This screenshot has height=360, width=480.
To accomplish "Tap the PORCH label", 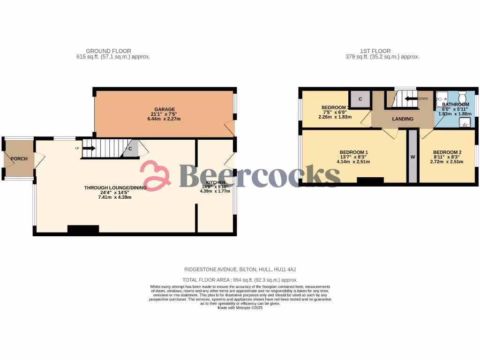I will tap(19, 159).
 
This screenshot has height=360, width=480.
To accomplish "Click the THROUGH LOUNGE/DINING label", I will tap(115, 188).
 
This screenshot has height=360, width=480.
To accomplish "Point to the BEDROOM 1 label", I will tap(353, 152).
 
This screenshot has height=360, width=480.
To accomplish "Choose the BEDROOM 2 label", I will tap(447, 152).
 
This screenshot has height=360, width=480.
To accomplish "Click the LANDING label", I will tap(403, 119).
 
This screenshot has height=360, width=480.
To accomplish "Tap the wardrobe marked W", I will tap(413, 157).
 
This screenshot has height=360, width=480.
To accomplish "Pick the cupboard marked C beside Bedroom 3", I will tap(360, 99).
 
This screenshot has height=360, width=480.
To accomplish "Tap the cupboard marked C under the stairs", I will tap(130, 150).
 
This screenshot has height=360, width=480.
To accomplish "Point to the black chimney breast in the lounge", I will tap(83, 229).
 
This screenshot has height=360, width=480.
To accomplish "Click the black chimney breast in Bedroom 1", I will tap(370, 180).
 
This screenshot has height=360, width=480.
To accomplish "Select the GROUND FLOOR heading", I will tap(108, 51).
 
